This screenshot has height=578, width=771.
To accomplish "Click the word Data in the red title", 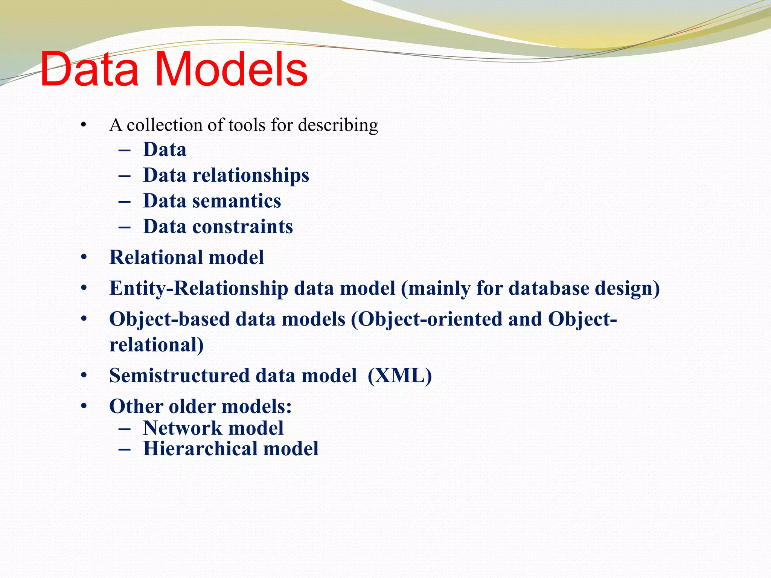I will pos(90,70).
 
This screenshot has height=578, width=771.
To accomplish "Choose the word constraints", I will pos(242,227).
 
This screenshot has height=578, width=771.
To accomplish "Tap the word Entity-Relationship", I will pos(198,289).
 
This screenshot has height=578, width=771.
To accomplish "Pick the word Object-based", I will pos(169,319).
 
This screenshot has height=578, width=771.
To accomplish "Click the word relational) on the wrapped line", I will pos(156,345).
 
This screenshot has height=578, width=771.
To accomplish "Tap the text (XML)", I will pos(399,376).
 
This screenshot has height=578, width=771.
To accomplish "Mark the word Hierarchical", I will pos(200,449).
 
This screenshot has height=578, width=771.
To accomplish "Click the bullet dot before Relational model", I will pos(84,258).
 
